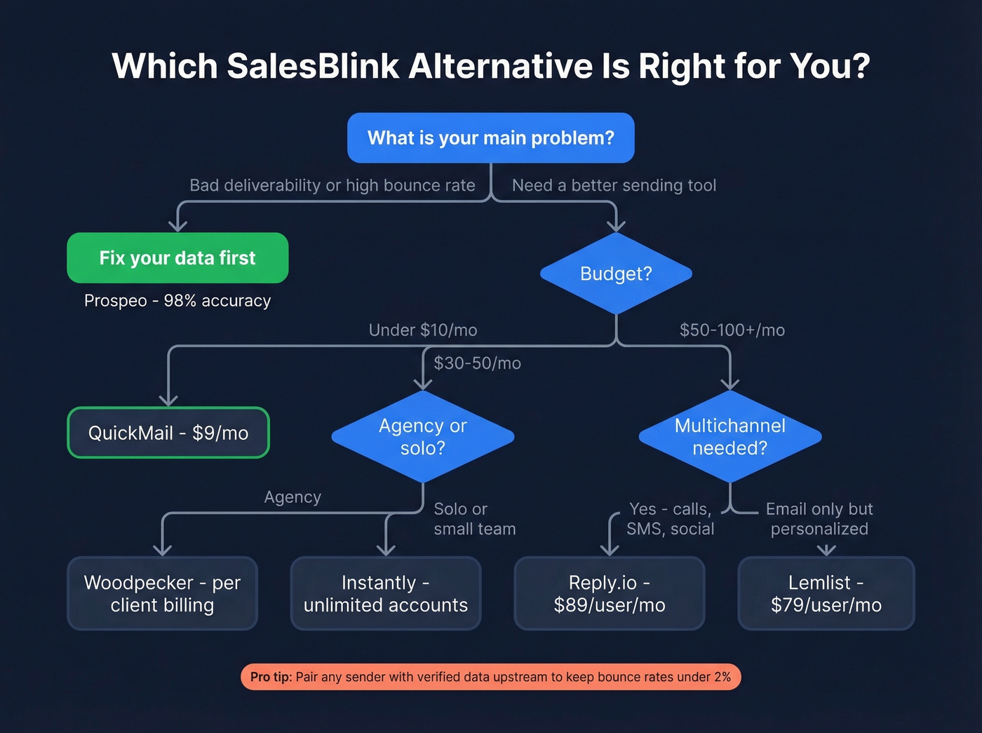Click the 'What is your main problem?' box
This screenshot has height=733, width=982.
(490, 138)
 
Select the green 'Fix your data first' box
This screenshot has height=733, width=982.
(177, 258)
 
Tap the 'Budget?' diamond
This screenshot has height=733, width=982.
(616, 274)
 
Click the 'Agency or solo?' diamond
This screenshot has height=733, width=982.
(422, 436)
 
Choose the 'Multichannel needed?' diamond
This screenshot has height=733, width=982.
(729, 436)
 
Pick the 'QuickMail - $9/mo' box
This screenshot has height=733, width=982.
(168, 433)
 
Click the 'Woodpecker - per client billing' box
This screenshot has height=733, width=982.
(162, 593)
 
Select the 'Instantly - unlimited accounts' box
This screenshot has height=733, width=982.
(385, 593)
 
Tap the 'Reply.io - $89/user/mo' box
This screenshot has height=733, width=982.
(609, 593)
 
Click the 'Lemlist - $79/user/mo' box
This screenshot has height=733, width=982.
(826, 593)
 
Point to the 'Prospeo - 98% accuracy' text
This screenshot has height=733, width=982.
(177, 301)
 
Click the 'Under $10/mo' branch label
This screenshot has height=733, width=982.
(423, 330)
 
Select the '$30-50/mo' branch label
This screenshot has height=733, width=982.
(477, 363)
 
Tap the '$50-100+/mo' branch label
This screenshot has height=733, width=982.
(732, 330)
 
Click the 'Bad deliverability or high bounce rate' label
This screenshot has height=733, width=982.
(332, 186)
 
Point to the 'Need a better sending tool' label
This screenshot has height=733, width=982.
(614, 186)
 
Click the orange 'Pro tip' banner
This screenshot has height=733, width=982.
(490, 677)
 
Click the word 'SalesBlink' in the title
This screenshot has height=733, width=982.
(313, 67)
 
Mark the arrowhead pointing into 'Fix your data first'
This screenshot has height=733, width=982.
(178, 225)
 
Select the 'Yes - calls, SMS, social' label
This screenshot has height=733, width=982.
(670, 519)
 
